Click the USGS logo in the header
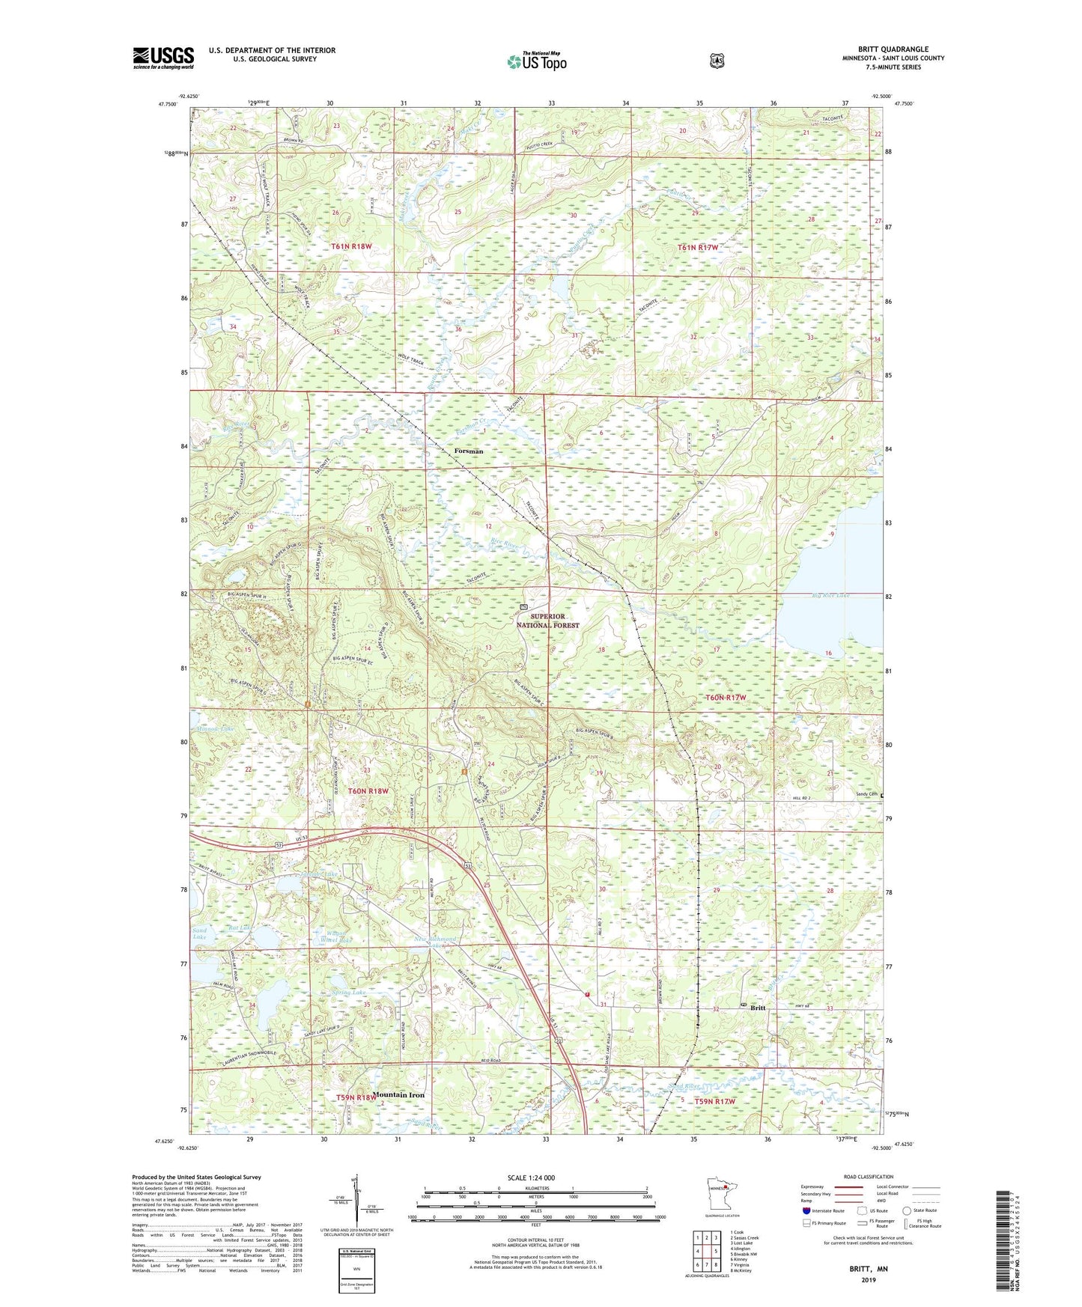[x=163, y=58]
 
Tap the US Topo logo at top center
[x=535, y=61]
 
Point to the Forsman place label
[x=469, y=451]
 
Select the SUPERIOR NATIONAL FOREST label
[x=555, y=621]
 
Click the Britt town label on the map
[x=758, y=1008]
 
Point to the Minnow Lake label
[x=216, y=728]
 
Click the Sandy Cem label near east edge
[x=867, y=794]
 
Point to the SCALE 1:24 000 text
[x=531, y=1177]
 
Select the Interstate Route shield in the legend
[x=806, y=1210]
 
